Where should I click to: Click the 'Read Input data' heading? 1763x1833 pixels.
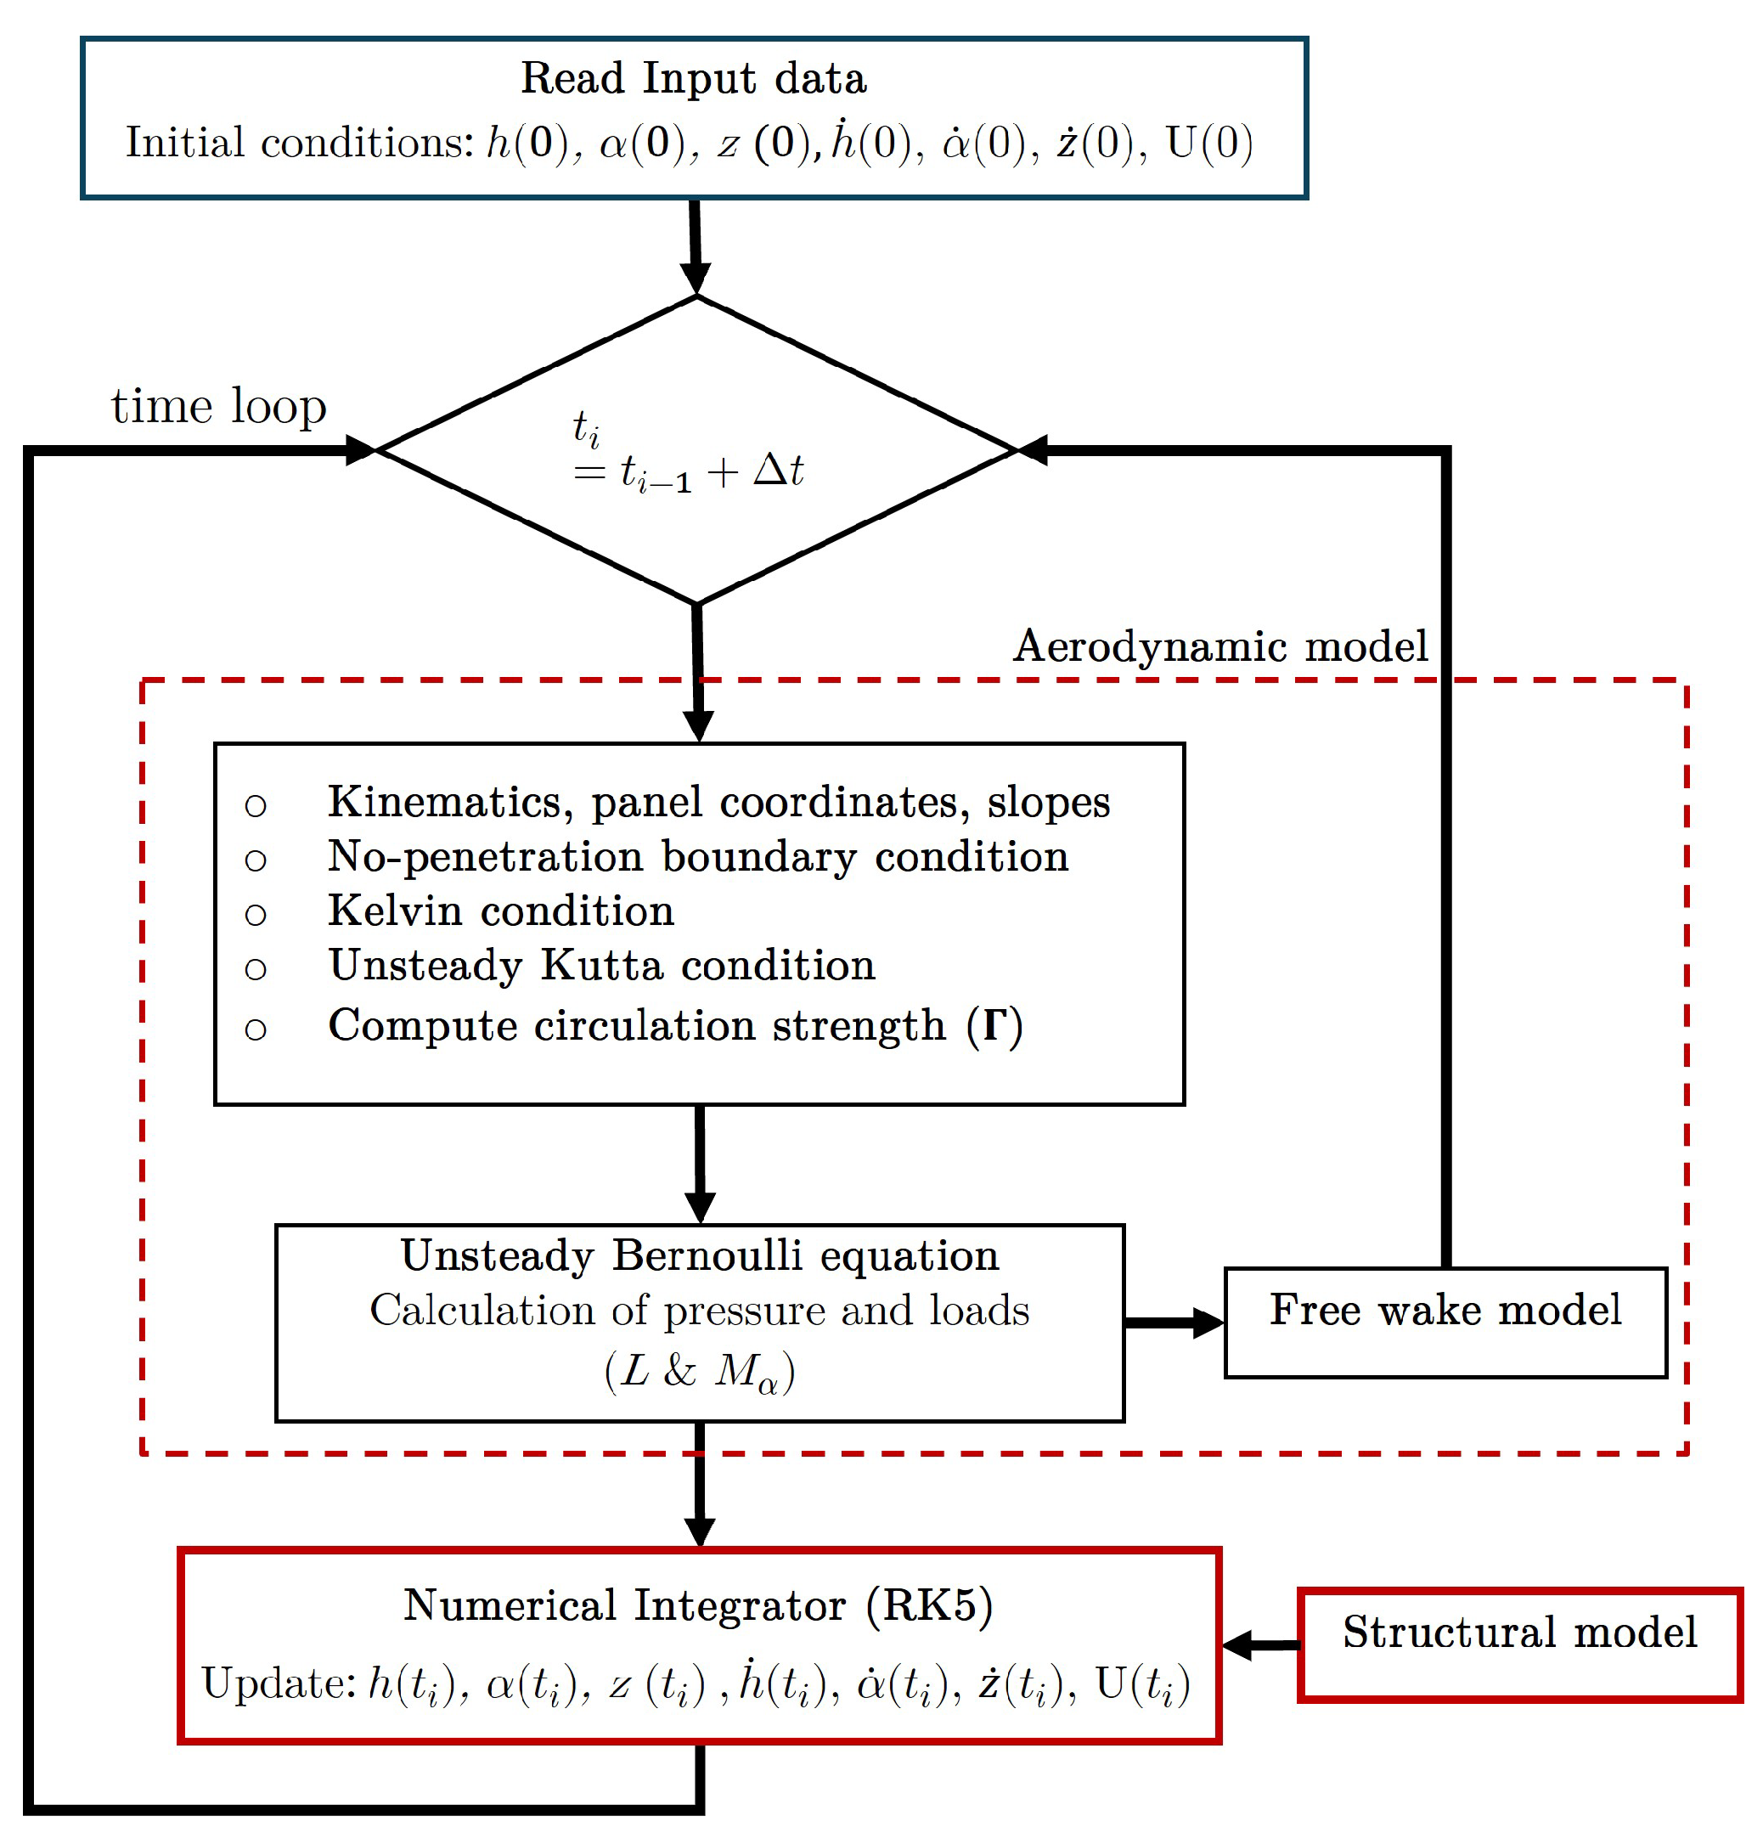693,78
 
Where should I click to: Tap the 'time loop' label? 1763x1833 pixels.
219,406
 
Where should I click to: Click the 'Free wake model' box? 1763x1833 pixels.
1445,1322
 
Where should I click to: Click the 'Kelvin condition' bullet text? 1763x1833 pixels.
501,911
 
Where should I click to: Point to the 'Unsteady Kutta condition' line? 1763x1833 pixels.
602,965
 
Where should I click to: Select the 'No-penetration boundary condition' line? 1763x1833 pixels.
697,857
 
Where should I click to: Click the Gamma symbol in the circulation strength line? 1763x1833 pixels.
994,1025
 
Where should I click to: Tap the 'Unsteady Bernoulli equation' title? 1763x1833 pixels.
699,1256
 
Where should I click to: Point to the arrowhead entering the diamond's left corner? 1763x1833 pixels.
360,451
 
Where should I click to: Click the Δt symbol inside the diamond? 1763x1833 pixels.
778,471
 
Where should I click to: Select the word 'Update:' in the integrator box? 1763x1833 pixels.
279,1684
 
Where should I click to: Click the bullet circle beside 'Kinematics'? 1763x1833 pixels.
256,804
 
